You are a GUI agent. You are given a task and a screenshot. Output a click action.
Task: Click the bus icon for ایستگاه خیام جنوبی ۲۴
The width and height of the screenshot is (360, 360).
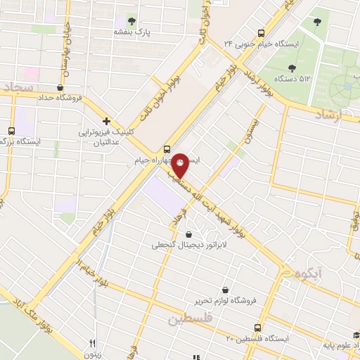(262, 32)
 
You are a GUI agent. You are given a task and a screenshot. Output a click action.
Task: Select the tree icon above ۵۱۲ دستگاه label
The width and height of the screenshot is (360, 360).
(292, 67)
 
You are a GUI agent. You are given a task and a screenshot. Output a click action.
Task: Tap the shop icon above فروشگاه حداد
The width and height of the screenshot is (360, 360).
(60, 88)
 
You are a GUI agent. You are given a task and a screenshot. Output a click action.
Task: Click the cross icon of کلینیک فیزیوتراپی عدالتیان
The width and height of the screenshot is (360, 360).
(106, 121)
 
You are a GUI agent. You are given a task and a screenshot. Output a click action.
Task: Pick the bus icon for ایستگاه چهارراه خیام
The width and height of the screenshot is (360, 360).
(167, 148)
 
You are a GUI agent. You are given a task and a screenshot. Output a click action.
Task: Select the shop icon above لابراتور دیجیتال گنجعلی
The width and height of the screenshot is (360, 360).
(188, 235)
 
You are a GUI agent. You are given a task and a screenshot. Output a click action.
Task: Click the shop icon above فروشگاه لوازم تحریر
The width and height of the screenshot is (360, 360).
(225, 288)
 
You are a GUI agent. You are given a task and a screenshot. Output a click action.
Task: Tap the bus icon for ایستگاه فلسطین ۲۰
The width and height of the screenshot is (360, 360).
(257, 327)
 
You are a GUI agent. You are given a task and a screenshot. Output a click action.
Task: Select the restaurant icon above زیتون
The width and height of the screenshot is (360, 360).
(92, 344)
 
